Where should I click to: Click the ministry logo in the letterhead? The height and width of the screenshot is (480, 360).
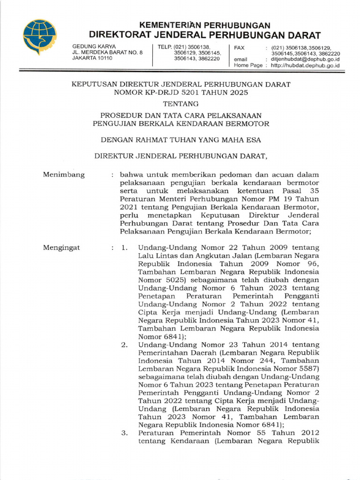pos(40,37)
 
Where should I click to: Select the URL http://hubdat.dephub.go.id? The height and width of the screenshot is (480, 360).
pos(305,66)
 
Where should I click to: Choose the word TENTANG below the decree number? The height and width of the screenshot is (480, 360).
pos(180,104)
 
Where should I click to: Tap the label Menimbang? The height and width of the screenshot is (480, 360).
pos(64,175)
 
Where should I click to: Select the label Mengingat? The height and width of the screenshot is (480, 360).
pos(61,247)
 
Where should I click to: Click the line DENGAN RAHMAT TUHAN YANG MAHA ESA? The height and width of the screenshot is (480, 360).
pos(180,139)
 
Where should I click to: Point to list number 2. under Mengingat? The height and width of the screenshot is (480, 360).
pos(125,345)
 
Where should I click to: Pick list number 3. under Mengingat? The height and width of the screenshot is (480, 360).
pos(125,433)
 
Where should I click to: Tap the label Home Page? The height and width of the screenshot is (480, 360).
pos(248,66)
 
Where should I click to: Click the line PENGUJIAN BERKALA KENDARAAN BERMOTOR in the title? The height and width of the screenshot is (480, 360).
pos(180,123)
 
